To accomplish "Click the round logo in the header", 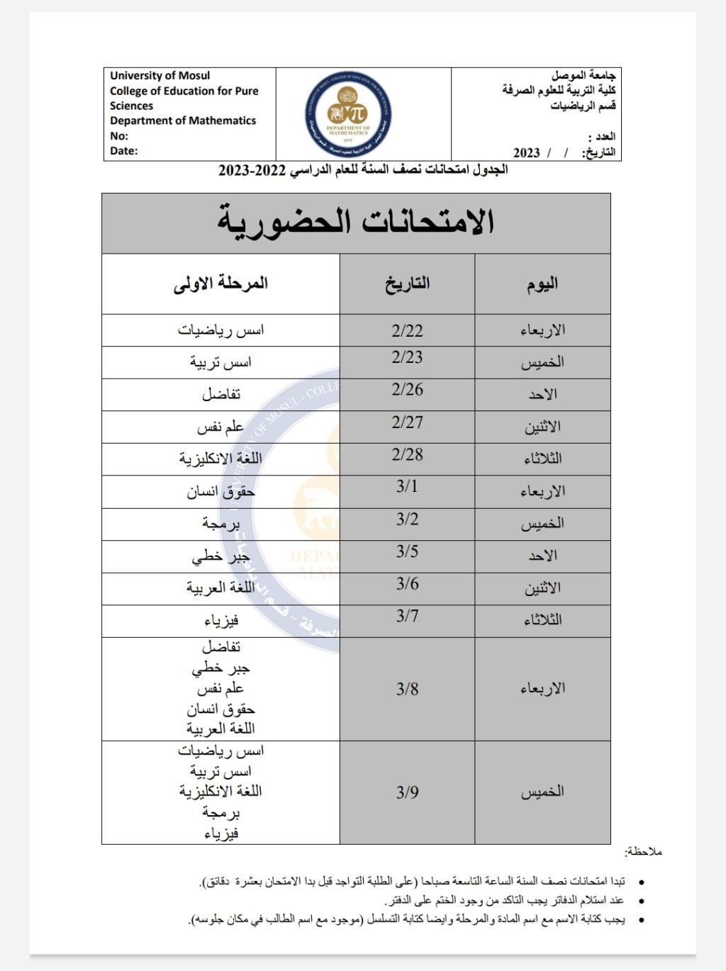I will [x=349, y=115].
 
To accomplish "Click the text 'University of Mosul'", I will [x=160, y=76].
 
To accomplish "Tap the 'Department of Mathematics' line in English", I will [x=183, y=120].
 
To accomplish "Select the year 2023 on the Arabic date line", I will [x=526, y=152].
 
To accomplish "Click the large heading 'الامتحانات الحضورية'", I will [x=356, y=222].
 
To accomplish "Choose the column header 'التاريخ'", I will [x=407, y=284].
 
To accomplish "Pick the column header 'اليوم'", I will [x=542, y=284].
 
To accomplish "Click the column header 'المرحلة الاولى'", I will [x=220, y=284].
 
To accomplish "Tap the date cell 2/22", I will [x=407, y=330].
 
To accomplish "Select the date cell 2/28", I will [x=407, y=454].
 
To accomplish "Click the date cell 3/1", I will [x=407, y=486].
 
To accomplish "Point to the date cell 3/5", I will [x=407, y=551].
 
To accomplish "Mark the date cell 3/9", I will [x=407, y=792].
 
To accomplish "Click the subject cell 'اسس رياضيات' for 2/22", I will [x=220, y=330].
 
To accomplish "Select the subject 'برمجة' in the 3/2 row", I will [x=220, y=524].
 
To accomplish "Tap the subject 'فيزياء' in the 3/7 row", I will [x=220, y=621].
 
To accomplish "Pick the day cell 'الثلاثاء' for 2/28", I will [x=542, y=459].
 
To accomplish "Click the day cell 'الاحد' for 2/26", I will [x=542, y=395].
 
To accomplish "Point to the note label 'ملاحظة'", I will [x=644, y=851].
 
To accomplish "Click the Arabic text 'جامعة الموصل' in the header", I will [x=583, y=75].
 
